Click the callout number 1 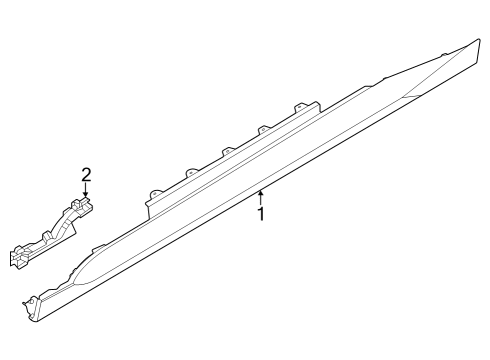[261, 213]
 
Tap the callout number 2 [86, 175]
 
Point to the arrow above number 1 [261, 196]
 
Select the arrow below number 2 [86, 191]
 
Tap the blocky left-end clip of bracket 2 [19, 256]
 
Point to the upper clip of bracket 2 [84, 204]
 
